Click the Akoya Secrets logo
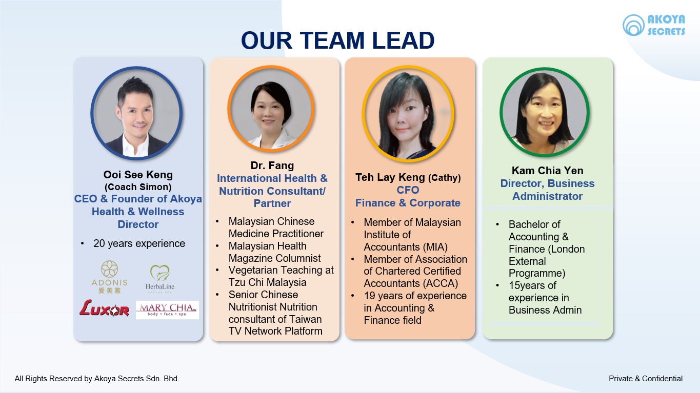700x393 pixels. pos(654,25)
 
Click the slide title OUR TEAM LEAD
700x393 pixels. pos(337,40)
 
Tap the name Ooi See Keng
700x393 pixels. pos(138,175)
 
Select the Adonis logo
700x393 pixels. pos(109,277)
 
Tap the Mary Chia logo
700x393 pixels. pos(167,310)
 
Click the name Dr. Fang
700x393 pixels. pos(272,166)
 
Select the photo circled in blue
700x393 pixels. pos(136,113)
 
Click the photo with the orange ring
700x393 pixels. pos(271,109)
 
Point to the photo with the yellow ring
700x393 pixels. pos(408,114)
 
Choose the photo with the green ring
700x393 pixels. pos(545,112)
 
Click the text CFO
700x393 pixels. pos(408,190)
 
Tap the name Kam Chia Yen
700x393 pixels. pos(547,171)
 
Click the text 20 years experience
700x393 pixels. pos(139,243)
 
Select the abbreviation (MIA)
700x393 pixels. pos(435,247)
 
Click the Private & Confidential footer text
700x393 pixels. pos(646,379)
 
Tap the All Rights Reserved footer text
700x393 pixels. pos(97,379)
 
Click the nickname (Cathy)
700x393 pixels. pos(445,178)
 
